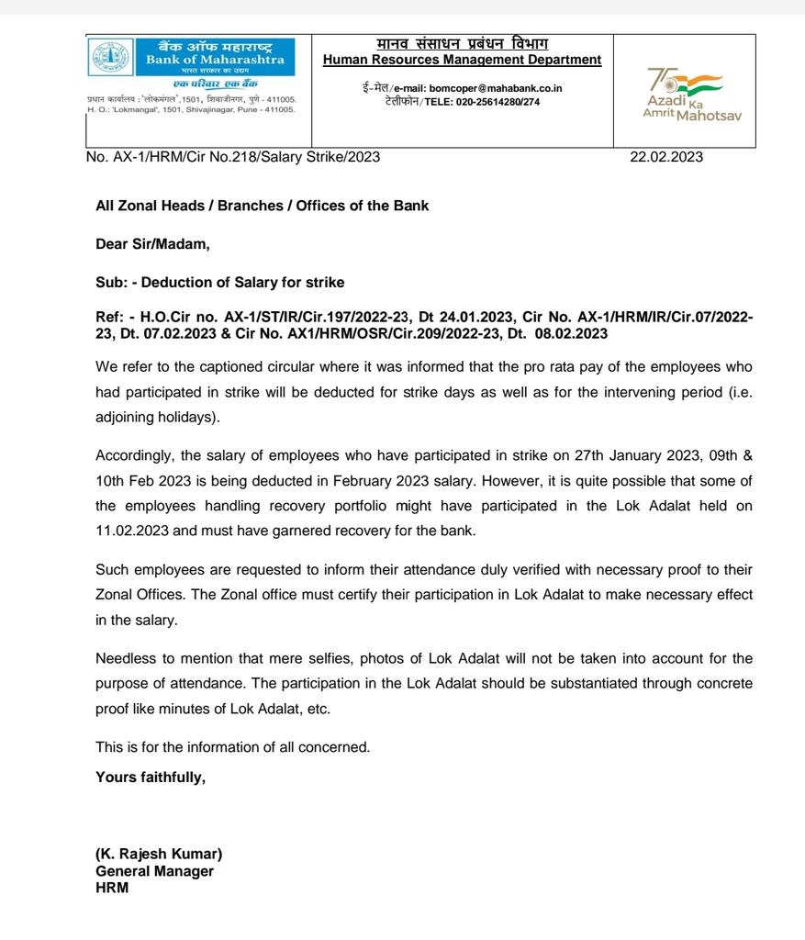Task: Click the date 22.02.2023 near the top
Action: pyautogui.click(x=665, y=157)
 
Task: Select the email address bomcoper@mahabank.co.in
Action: pyautogui.click(x=496, y=88)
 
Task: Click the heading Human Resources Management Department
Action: pyautogui.click(x=462, y=61)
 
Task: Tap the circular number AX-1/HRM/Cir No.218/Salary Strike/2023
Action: pyautogui.click(x=233, y=157)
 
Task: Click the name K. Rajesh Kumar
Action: pyautogui.click(x=159, y=855)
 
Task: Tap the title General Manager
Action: pyautogui.click(x=154, y=871)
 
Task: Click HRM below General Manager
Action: pyautogui.click(x=112, y=888)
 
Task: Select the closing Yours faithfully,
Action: pyautogui.click(x=151, y=778)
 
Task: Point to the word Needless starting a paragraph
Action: pyautogui.click(x=124, y=658)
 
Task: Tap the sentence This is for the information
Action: pyautogui.click(x=232, y=746)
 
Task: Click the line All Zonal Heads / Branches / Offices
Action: pyautogui.click(x=262, y=206)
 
